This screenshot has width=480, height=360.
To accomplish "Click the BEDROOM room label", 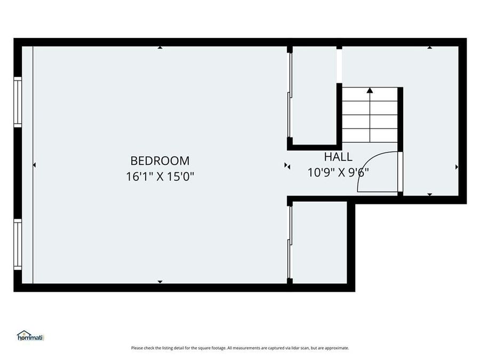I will (159, 160).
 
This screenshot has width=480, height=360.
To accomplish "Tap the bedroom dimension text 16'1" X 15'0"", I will (159, 176).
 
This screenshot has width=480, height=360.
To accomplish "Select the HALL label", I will (338, 157).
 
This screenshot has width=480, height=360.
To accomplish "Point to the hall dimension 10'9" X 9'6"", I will (338, 172).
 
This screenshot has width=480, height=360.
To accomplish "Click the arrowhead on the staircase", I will (370, 91).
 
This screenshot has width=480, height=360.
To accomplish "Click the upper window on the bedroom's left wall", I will (18, 102).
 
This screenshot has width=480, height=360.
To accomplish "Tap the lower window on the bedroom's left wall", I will (18, 244).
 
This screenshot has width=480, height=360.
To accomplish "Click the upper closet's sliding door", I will (290, 96).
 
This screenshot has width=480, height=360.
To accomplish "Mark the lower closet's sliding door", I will (290, 243).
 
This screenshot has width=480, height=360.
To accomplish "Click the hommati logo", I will (30, 336).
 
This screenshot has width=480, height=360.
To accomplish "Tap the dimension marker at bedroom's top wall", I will (160, 47).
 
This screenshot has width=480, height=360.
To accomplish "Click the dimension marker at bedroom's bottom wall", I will (160, 282).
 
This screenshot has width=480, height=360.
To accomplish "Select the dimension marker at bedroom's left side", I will (34, 165).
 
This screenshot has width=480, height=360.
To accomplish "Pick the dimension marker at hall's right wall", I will (457, 167).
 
